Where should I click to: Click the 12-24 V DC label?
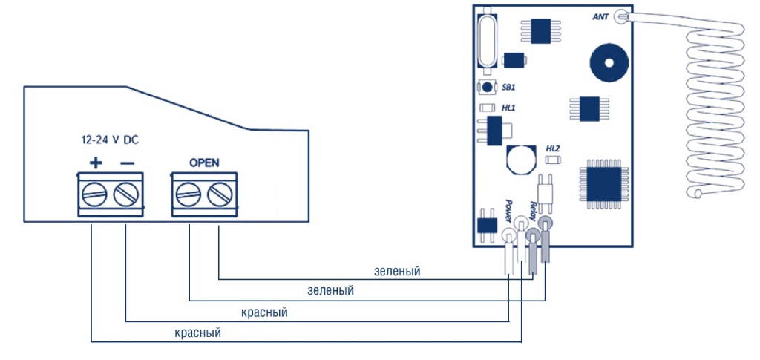[109, 140]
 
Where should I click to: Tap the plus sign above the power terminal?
[95, 162]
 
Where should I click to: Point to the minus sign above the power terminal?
[127, 162]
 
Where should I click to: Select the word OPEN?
[204, 163]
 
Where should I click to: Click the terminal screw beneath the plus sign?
[95, 197]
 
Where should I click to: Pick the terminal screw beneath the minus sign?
[126, 197]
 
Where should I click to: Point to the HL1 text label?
[508, 108]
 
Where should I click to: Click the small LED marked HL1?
[487, 108]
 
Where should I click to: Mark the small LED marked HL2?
[552, 159]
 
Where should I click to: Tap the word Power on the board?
[508, 210]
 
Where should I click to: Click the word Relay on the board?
[533, 210]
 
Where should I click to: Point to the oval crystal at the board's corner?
[487, 40]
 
